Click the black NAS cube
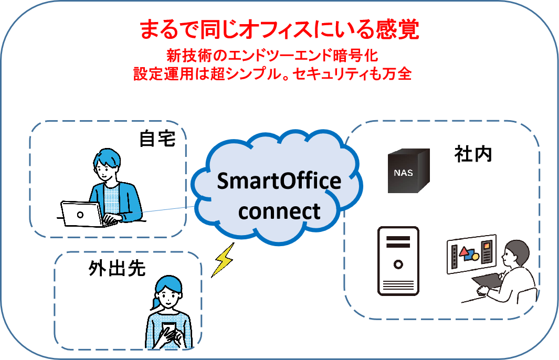[408, 171]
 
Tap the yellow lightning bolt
[223, 260]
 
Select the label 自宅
[157, 139]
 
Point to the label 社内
[473, 154]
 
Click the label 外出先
[117, 268]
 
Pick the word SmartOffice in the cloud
[279, 181]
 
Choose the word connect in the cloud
[279, 211]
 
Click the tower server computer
[398, 261]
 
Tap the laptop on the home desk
[84, 214]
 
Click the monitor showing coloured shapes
[472, 254]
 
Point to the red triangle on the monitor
[464, 252]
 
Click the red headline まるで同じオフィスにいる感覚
[279, 29]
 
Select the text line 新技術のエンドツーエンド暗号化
[272, 55]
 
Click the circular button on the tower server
[398, 264]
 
